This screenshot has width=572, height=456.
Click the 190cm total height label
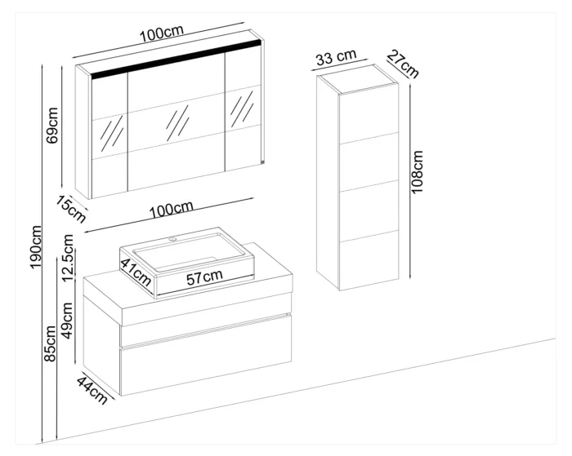37,247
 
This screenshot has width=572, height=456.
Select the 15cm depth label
71,210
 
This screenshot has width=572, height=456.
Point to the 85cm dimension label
50,343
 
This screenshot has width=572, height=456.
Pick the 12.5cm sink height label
68,258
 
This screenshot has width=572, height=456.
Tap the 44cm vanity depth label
92,391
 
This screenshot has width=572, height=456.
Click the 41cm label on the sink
136,272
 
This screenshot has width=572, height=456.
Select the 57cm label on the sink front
204,277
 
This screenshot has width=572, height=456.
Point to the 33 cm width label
336,57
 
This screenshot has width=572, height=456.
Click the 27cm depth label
403,64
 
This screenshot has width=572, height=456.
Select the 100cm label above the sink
171,209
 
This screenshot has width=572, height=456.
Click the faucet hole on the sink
172,240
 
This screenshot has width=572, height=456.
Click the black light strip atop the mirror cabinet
177,59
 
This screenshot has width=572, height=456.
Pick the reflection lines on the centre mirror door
177,123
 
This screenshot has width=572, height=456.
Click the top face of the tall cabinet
358,79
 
